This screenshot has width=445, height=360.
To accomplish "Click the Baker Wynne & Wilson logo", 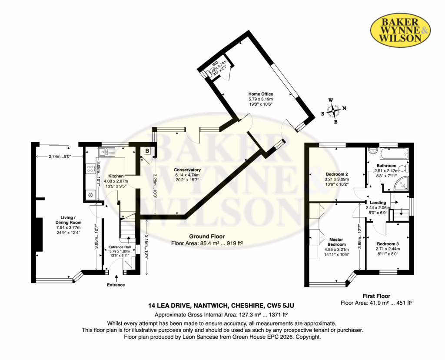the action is [x=400, y=30].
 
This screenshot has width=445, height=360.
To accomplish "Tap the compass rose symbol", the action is [x=333, y=111].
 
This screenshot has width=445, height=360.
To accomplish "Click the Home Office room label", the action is [x=261, y=94].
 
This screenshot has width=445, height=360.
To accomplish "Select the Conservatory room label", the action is [x=187, y=170].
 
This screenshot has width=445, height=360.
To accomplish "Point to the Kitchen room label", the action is [x=116, y=176].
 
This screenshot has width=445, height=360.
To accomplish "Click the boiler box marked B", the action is [x=147, y=151].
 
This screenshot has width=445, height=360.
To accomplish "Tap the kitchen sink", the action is [x=106, y=152].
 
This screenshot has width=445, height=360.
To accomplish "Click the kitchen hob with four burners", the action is [x=91, y=169].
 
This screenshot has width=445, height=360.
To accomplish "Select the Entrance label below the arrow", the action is [x=116, y=285].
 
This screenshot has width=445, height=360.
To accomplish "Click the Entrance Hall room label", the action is [x=120, y=247].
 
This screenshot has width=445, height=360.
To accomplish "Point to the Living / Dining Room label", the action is [x=68, y=220].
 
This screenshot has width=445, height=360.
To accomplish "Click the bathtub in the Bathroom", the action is [x=395, y=153].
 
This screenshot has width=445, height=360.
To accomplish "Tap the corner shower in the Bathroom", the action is [x=401, y=183].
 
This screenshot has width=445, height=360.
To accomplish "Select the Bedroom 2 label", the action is [x=337, y=174].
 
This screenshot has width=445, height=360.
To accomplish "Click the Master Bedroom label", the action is [x=337, y=242].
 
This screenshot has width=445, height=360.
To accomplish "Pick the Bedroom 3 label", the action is [x=388, y=243].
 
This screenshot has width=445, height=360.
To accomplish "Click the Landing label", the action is [x=378, y=203].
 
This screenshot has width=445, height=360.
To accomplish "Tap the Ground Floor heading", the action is [x=207, y=237].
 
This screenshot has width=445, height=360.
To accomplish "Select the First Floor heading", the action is [x=376, y=296].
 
